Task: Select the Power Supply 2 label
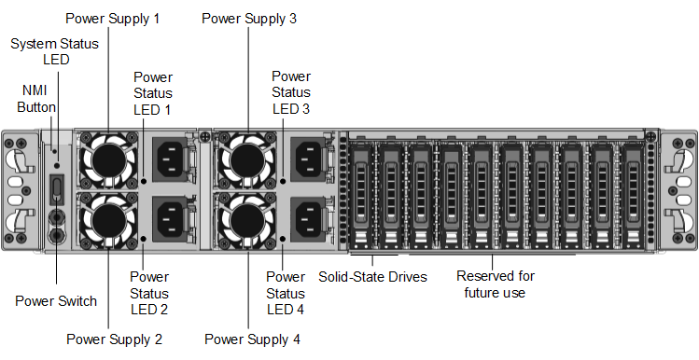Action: point(114,339)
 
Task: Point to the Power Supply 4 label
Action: point(252,339)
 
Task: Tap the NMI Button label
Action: point(37,99)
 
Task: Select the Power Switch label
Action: point(56,300)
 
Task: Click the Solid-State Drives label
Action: point(372,276)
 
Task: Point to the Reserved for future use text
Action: point(495,284)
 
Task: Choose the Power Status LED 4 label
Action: point(286,293)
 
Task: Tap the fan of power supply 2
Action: point(109,220)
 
